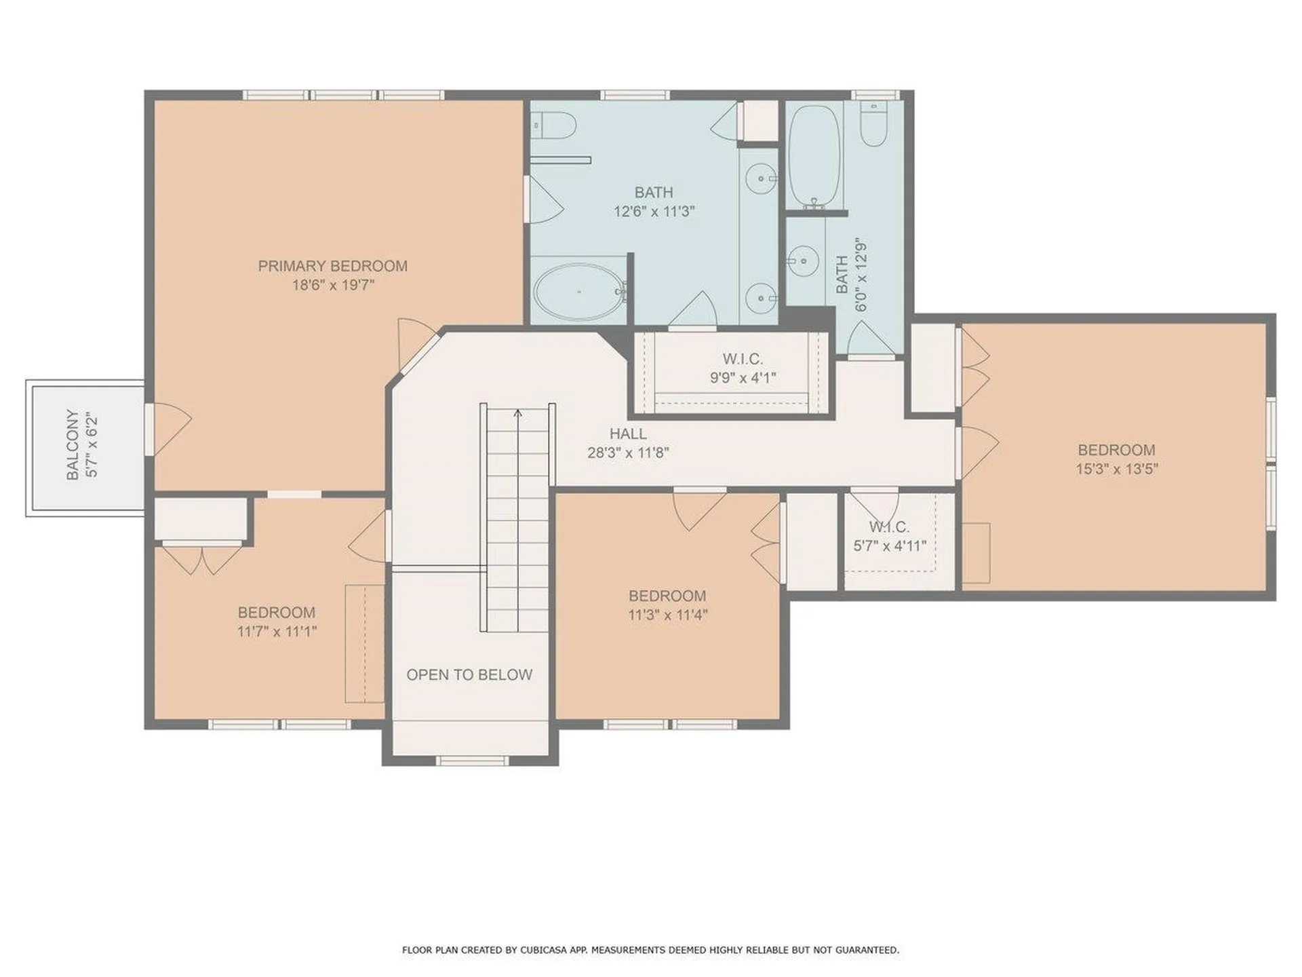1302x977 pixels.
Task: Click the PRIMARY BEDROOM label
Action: tap(332, 266)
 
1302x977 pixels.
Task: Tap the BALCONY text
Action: tap(73, 444)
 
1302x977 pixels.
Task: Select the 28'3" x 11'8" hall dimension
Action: tap(628, 453)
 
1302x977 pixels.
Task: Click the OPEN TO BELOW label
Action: tap(469, 674)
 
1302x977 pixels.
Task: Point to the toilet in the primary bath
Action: tap(554, 125)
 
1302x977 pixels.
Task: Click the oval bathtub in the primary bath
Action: tap(578, 292)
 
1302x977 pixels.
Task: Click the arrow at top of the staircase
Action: tap(518, 414)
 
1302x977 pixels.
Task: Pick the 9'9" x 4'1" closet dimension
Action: tap(743, 378)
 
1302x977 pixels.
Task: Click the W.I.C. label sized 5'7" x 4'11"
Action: tap(889, 526)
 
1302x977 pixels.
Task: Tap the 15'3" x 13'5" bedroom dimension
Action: tap(1116, 469)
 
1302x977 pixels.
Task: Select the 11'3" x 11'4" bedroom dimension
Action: tap(667, 615)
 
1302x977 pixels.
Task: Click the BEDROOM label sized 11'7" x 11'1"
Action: tap(276, 612)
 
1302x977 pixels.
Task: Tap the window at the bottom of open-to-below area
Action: tap(471, 761)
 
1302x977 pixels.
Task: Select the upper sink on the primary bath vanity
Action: tap(762, 179)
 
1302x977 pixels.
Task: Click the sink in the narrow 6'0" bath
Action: tap(804, 260)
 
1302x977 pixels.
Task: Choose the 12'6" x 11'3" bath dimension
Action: tap(654, 212)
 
